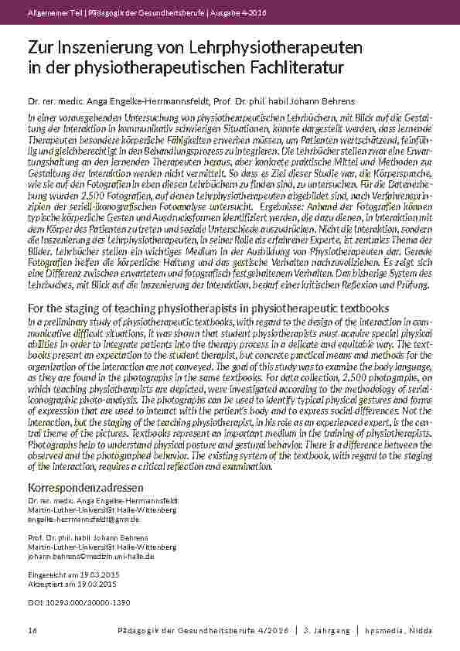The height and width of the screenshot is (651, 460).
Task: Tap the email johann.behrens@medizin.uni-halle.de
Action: tap(91, 555)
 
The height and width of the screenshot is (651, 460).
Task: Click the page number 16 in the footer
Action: tap(32, 631)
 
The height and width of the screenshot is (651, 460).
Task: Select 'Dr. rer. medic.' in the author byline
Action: tap(50, 101)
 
